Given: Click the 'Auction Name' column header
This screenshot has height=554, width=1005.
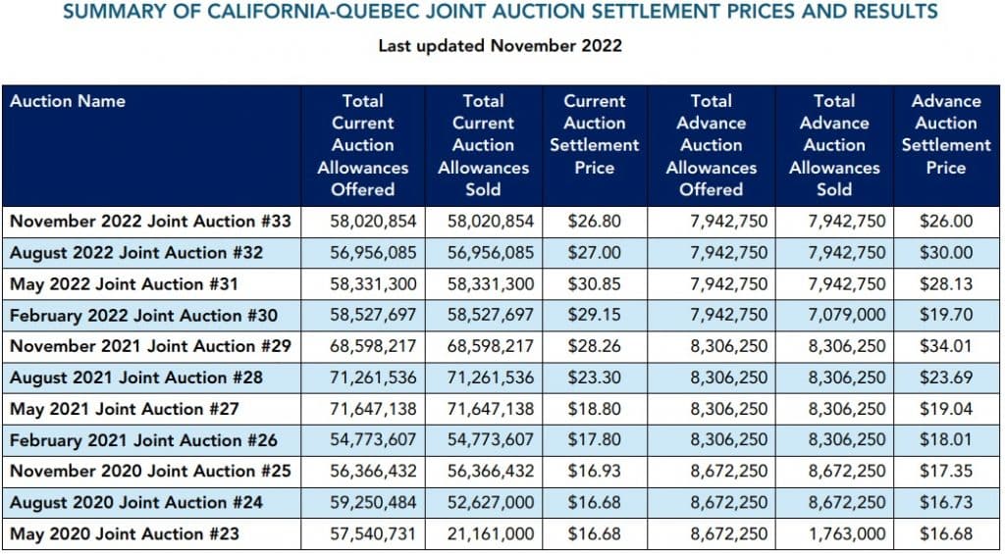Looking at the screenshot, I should coord(68,101).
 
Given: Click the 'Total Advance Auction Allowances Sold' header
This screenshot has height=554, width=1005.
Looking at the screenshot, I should coord(834,145).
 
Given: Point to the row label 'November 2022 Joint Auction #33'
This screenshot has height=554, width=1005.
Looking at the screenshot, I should coord(150,222).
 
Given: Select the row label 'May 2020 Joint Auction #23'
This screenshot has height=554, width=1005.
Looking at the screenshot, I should coord(125,534).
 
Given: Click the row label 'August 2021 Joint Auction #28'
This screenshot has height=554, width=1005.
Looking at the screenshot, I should coord(136,378).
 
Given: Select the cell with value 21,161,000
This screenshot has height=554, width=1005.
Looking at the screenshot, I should coord(491,534).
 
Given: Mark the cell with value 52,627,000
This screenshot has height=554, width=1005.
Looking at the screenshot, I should coord(491,503).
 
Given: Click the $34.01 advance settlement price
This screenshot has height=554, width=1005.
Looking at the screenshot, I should coord(945,347).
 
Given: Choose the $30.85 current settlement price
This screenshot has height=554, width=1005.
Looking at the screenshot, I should coord(594,284).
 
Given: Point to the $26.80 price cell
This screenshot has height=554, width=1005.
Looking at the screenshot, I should coord(594,222).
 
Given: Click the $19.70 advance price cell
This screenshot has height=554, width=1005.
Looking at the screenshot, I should coord(945,316).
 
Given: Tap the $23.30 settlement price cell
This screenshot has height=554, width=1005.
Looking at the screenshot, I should coord(594,378).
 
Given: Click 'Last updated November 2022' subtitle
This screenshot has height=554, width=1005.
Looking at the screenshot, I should coord(501,45).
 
